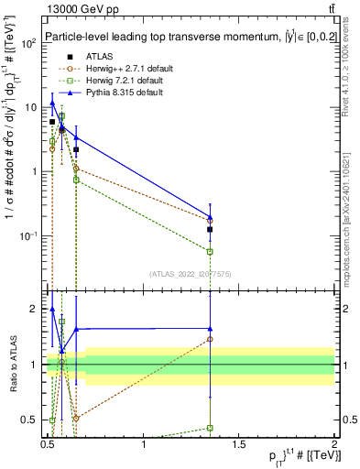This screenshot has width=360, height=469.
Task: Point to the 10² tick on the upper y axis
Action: (29, 43)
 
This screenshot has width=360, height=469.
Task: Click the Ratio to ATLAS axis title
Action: (12, 365)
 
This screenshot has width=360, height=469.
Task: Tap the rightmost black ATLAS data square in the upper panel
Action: (211, 229)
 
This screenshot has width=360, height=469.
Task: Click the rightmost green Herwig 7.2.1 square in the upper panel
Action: (211, 251)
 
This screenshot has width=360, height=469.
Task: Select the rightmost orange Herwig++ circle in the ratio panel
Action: (211, 339)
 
